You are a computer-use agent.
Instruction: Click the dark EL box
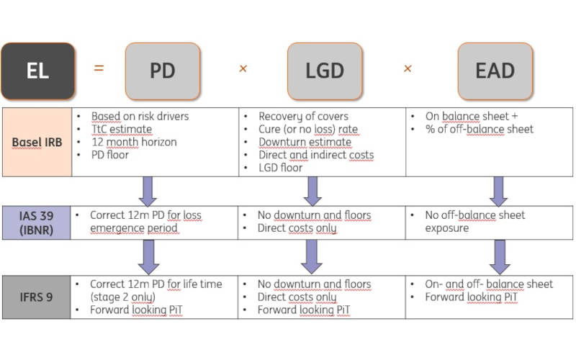coord(37,71)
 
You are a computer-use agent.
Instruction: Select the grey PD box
coord(162,71)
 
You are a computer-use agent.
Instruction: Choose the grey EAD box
coord(495,71)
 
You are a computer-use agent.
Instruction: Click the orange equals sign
coord(99,68)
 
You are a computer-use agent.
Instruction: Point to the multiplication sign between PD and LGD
coord(243,69)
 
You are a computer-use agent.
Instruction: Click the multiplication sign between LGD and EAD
coord(408,69)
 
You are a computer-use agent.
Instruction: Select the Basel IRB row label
coord(37,142)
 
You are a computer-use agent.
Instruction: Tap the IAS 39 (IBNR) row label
coord(36,222)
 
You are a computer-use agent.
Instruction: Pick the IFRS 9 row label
coord(36,297)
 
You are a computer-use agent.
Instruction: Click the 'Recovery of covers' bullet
coord(303,117)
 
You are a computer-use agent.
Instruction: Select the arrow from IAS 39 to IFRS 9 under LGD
coord(311,256)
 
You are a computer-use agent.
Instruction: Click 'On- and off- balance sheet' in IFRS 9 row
coord(489,284)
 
